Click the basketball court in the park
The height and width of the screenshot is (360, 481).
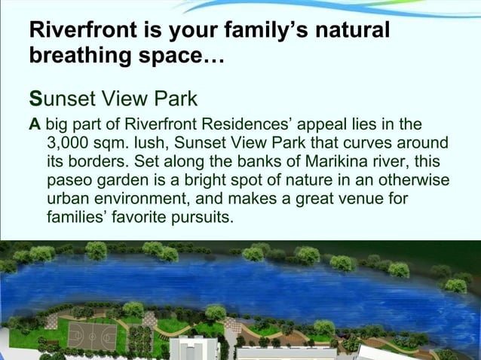91,334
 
